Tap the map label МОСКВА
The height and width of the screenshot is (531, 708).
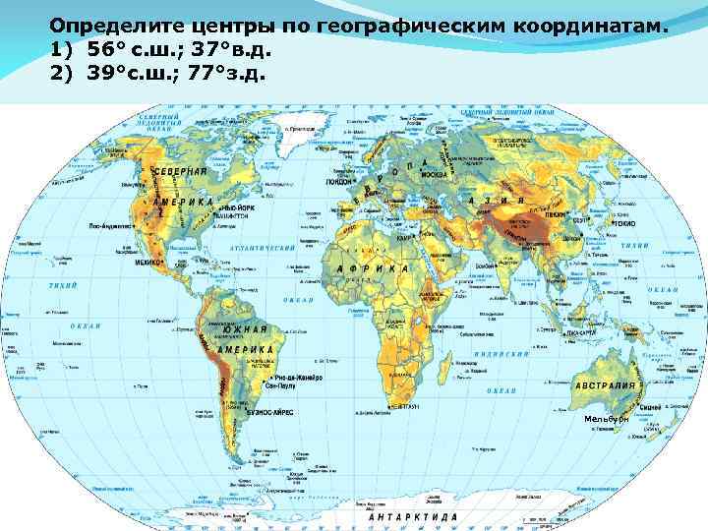click(434, 175)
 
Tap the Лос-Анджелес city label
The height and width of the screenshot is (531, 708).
click(112, 226)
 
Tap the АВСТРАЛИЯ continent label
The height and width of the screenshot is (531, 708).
click(606, 384)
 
